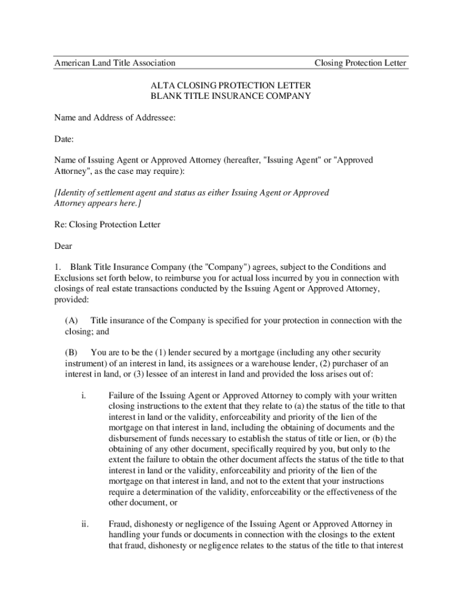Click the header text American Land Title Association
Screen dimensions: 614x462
(115, 63)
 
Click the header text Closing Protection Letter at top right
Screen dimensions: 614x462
(360, 63)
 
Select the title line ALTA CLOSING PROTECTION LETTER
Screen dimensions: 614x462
(230, 85)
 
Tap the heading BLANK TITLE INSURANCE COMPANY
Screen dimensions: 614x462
(230, 96)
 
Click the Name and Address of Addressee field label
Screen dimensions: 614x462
(115, 118)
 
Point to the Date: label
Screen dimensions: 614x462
(64, 139)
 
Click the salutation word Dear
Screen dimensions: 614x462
(64, 246)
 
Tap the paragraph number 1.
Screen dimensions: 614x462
(58, 267)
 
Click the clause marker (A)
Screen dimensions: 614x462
(71, 321)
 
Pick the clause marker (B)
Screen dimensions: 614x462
(71, 353)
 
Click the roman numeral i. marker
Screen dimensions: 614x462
(83, 396)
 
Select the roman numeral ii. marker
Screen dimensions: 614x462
(85, 524)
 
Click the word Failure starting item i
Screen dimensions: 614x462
(122, 396)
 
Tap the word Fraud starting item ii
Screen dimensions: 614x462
(121, 524)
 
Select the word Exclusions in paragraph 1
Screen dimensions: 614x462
(74, 278)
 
